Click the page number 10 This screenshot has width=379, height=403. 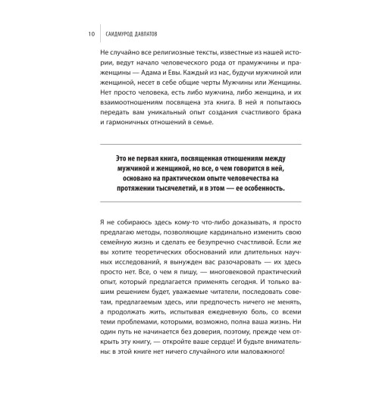90,34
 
